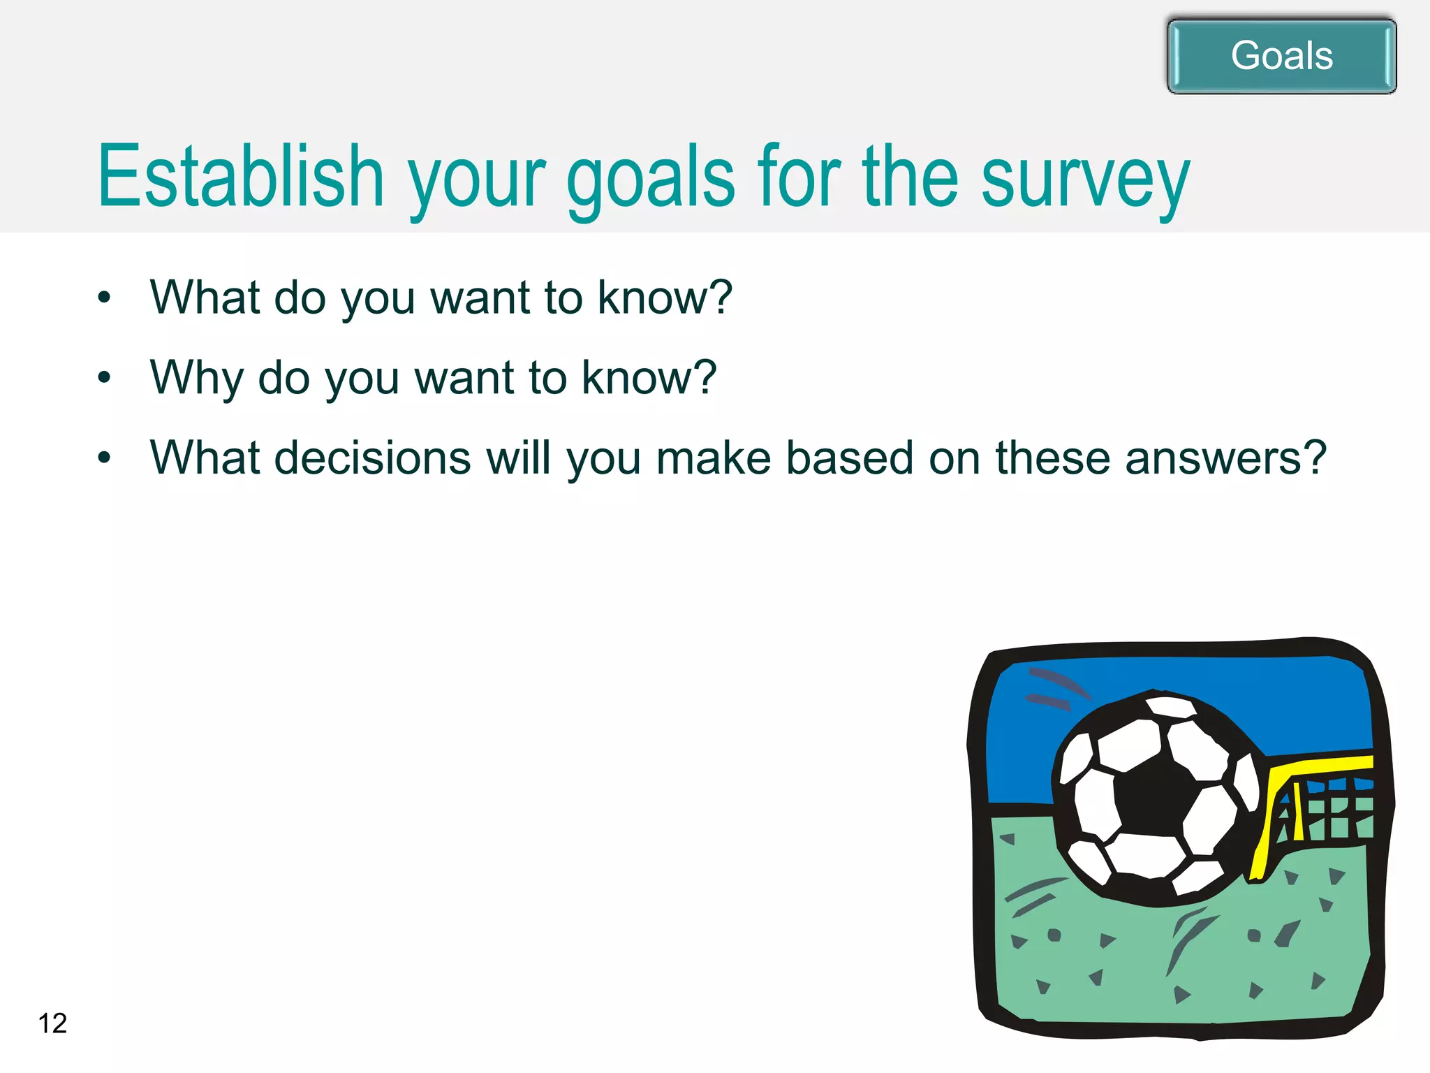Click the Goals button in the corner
point(1281,56)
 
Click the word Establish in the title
point(241,176)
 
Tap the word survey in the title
point(1085,178)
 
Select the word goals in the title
point(650,178)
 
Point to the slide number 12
point(52,1023)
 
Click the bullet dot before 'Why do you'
point(105,378)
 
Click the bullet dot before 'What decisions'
point(105,458)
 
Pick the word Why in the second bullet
point(195,378)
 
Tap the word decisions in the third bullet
point(373,458)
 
